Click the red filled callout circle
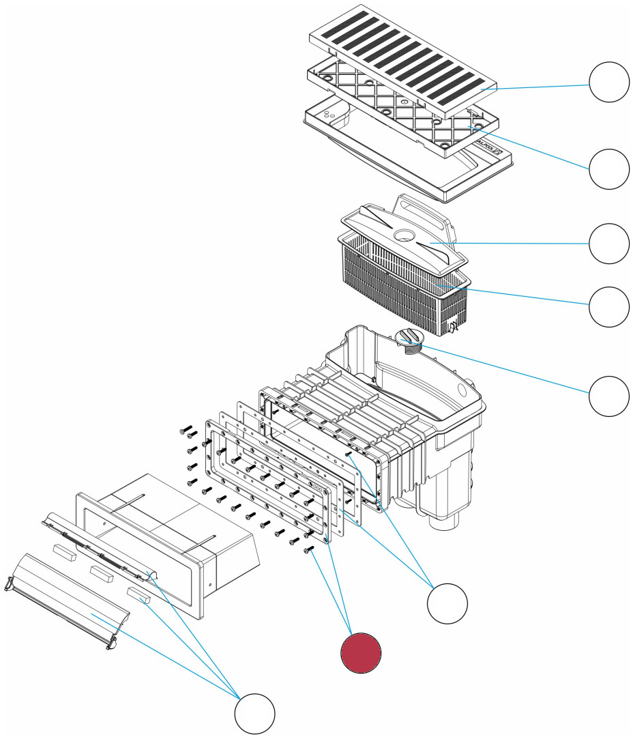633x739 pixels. pos(361,652)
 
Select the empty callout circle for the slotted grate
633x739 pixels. pos(609,82)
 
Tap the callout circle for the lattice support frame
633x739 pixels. pos(609,169)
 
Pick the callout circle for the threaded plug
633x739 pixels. pos(609,396)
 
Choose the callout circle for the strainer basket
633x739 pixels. pos(609,307)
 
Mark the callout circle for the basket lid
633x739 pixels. pos(609,244)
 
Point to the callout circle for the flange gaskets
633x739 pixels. pos(447,603)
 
